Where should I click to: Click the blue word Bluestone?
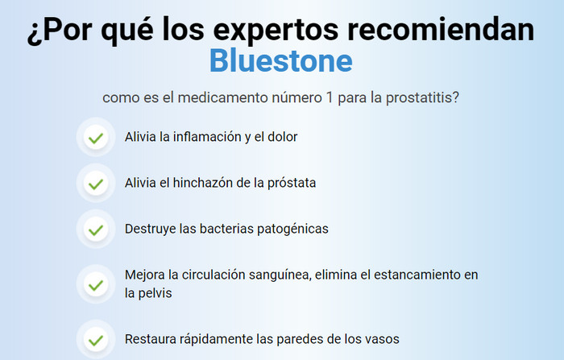281,60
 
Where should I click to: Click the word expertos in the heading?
276,31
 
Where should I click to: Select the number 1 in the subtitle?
329,97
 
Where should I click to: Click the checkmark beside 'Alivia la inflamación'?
96,138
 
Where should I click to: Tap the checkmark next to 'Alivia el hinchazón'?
96,184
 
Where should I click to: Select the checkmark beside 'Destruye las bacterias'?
96,230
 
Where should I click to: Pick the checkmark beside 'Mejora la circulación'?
96,285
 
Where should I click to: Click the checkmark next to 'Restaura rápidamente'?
96,341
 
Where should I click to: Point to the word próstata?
292,183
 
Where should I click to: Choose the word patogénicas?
292,229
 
